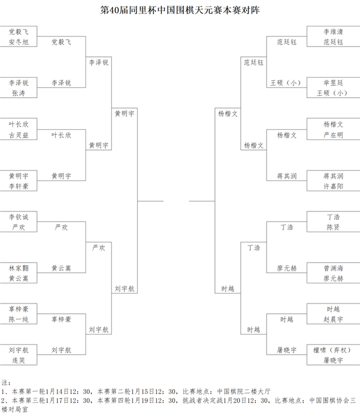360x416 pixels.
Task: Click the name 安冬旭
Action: click(19, 42)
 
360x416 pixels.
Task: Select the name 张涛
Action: click(19, 93)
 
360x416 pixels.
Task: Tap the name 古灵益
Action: click(19, 135)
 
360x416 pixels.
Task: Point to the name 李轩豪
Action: click(19, 186)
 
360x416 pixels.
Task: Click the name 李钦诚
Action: click(19, 216)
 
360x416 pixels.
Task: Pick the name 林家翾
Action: click(19, 268)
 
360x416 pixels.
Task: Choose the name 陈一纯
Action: click(19, 319)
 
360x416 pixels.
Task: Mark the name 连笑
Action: click(19, 360)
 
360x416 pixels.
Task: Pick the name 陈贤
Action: click(333, 227)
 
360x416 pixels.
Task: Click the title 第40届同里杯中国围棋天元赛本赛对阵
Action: click(180, 11)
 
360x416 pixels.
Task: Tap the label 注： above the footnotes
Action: click(7, 382)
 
